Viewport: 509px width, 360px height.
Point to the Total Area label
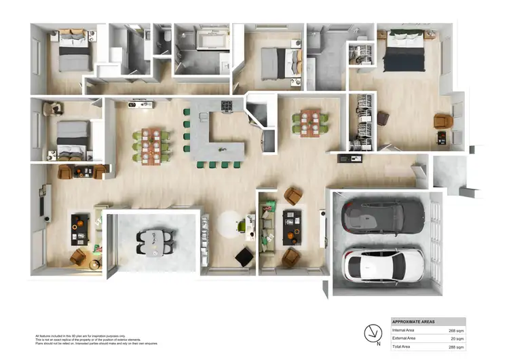click(404, 346)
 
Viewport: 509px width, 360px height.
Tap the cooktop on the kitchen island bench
click(226, 106)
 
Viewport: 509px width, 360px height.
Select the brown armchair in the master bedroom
click(442, 122)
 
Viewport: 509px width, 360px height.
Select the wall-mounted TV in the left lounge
click(47, 201)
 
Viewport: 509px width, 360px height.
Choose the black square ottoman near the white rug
click(244, 257)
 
